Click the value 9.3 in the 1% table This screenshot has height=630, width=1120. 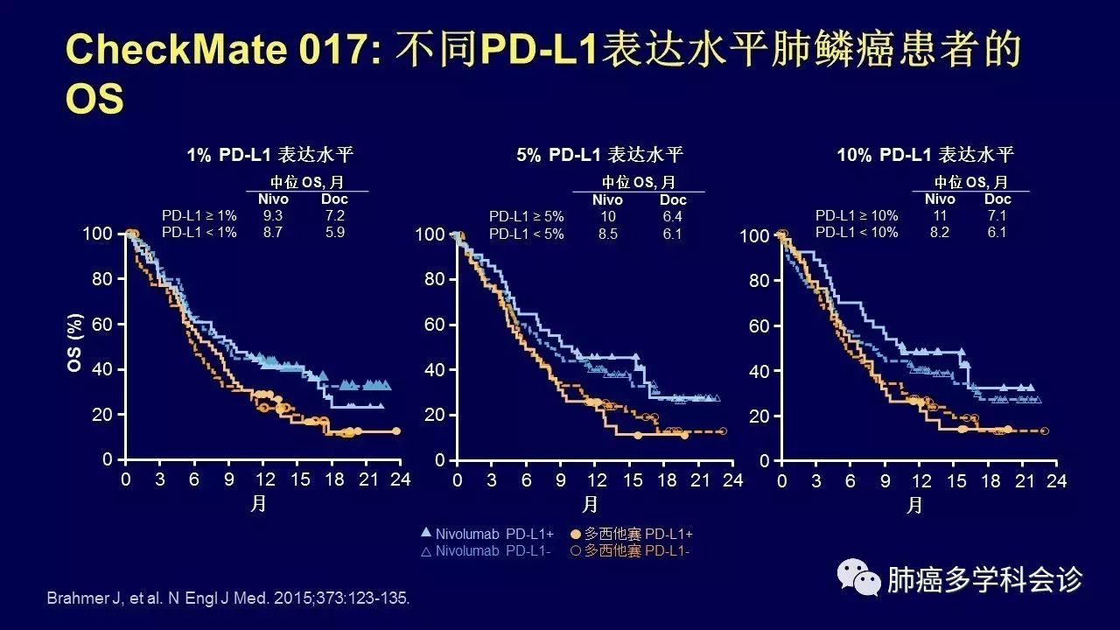point(272,214)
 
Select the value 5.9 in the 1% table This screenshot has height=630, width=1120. point(334,232)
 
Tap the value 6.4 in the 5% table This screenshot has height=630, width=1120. point(672,216)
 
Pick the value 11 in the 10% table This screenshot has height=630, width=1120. point(940,215)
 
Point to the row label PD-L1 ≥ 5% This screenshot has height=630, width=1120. point(527,216)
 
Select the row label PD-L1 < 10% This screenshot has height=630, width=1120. point(857,232)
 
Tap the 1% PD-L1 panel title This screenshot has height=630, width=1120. point(269,156)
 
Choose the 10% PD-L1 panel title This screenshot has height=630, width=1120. point(926,156)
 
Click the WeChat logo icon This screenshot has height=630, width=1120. point(858,577)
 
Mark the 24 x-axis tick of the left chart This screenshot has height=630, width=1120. point(401,479)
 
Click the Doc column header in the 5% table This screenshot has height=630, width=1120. point(672,199)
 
